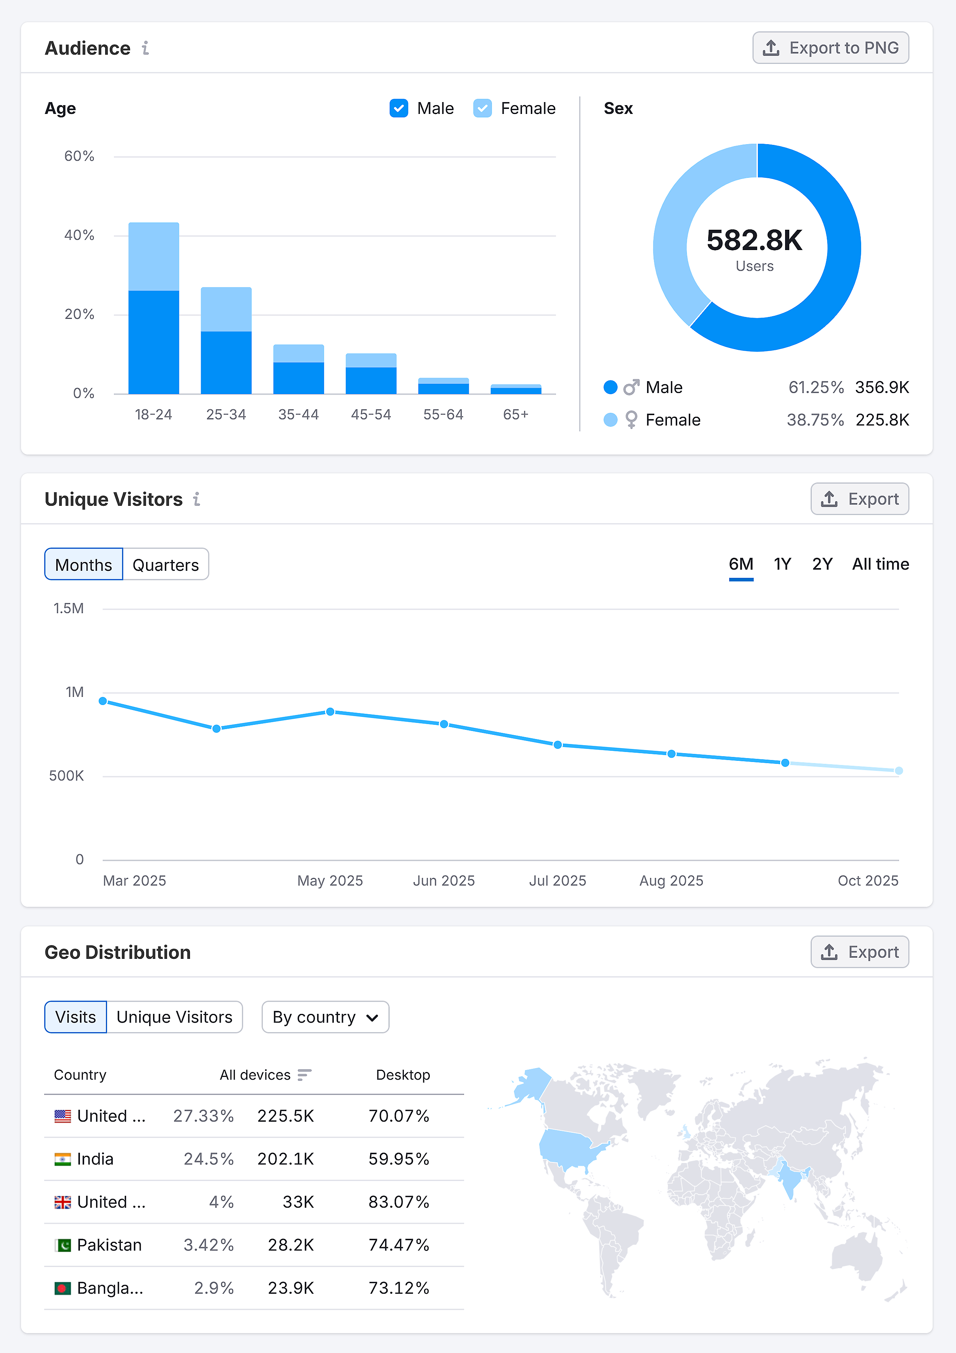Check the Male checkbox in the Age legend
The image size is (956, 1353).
pyautogui.click(x=399, y=109)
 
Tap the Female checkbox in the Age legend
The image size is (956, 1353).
pyautogui.click(x=482, y=109)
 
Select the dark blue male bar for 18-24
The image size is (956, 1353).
pyautogui.click(x=154, y=342)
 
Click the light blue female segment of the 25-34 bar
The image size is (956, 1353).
pyautogui.click(x=226, y=309)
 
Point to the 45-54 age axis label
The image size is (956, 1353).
pyautogui.click(x=371, y=415)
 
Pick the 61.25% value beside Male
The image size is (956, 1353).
pyautogui.click(x=816, y=387)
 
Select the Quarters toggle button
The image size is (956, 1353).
pyautogui.click(x=166, y=565)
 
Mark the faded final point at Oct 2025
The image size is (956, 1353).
pyautogui.click(x=898, y=771)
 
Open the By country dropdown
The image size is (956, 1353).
pyautogui.click(x=325, y=1017)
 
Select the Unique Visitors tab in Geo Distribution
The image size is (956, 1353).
pyautogui.click(x=174, y=1017)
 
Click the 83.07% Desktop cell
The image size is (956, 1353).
pyautogui.click(x=398, y=1202)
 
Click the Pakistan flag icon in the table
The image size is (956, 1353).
pyautogui.click(x=62, y=1245)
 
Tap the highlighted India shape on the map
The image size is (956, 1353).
pyautogui.click(x=789, y=1179)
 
